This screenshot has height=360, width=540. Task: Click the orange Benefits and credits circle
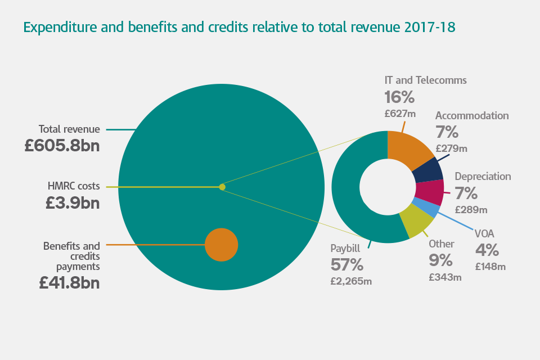[221, 245]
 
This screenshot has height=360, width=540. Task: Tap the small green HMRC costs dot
[222, 187]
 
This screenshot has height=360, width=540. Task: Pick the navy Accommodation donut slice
[429, 169]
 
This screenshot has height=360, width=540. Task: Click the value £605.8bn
[62, 146]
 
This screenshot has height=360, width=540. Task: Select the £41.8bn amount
[69, 282]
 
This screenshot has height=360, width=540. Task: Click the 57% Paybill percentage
[347, 264]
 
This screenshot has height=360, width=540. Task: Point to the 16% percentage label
[399, 97]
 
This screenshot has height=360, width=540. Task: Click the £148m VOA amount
[490, 267]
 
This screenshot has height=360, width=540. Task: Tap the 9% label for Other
[440, 260]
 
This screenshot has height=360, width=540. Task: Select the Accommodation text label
[472, 115]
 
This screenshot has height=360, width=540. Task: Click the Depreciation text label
[483, 176]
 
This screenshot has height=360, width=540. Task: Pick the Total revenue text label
[69, 129]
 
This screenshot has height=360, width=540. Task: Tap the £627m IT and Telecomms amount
[400, 114]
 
